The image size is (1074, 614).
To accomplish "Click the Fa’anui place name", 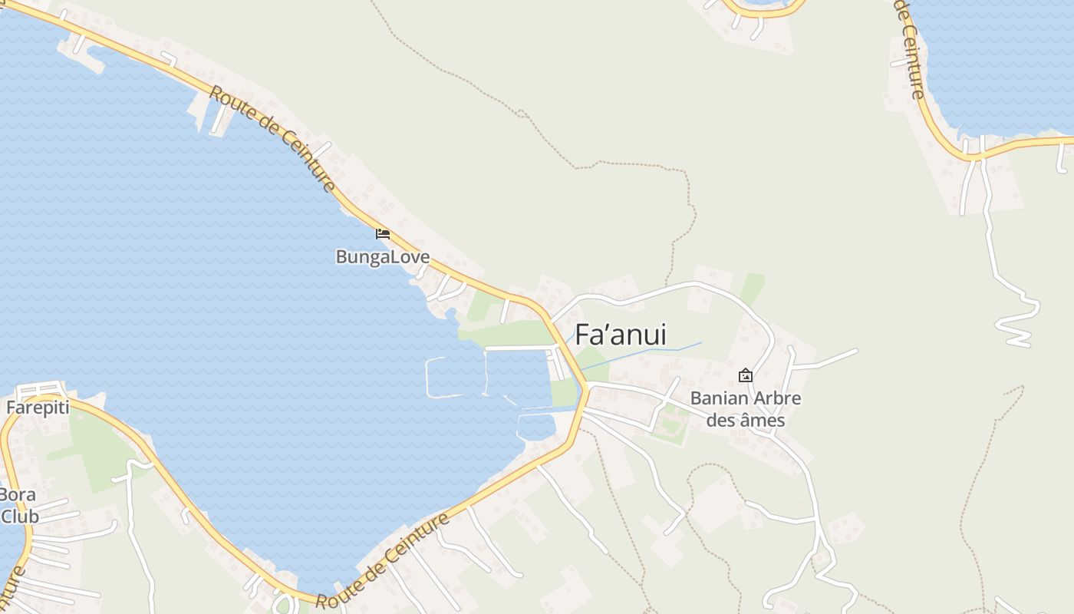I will point(621,335).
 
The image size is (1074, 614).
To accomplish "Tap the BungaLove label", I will point(382,256).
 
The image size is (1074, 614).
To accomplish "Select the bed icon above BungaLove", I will point(382,233).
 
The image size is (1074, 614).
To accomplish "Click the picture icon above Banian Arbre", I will point(745,375).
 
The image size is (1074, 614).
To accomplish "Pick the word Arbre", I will point(776,398).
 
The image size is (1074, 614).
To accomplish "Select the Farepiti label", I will point(38,407).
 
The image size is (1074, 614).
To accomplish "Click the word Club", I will point(19,516).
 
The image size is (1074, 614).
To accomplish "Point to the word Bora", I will point(17,494).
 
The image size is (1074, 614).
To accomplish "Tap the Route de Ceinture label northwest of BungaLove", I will point(272,138).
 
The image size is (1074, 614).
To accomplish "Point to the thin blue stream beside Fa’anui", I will point(652,351).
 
